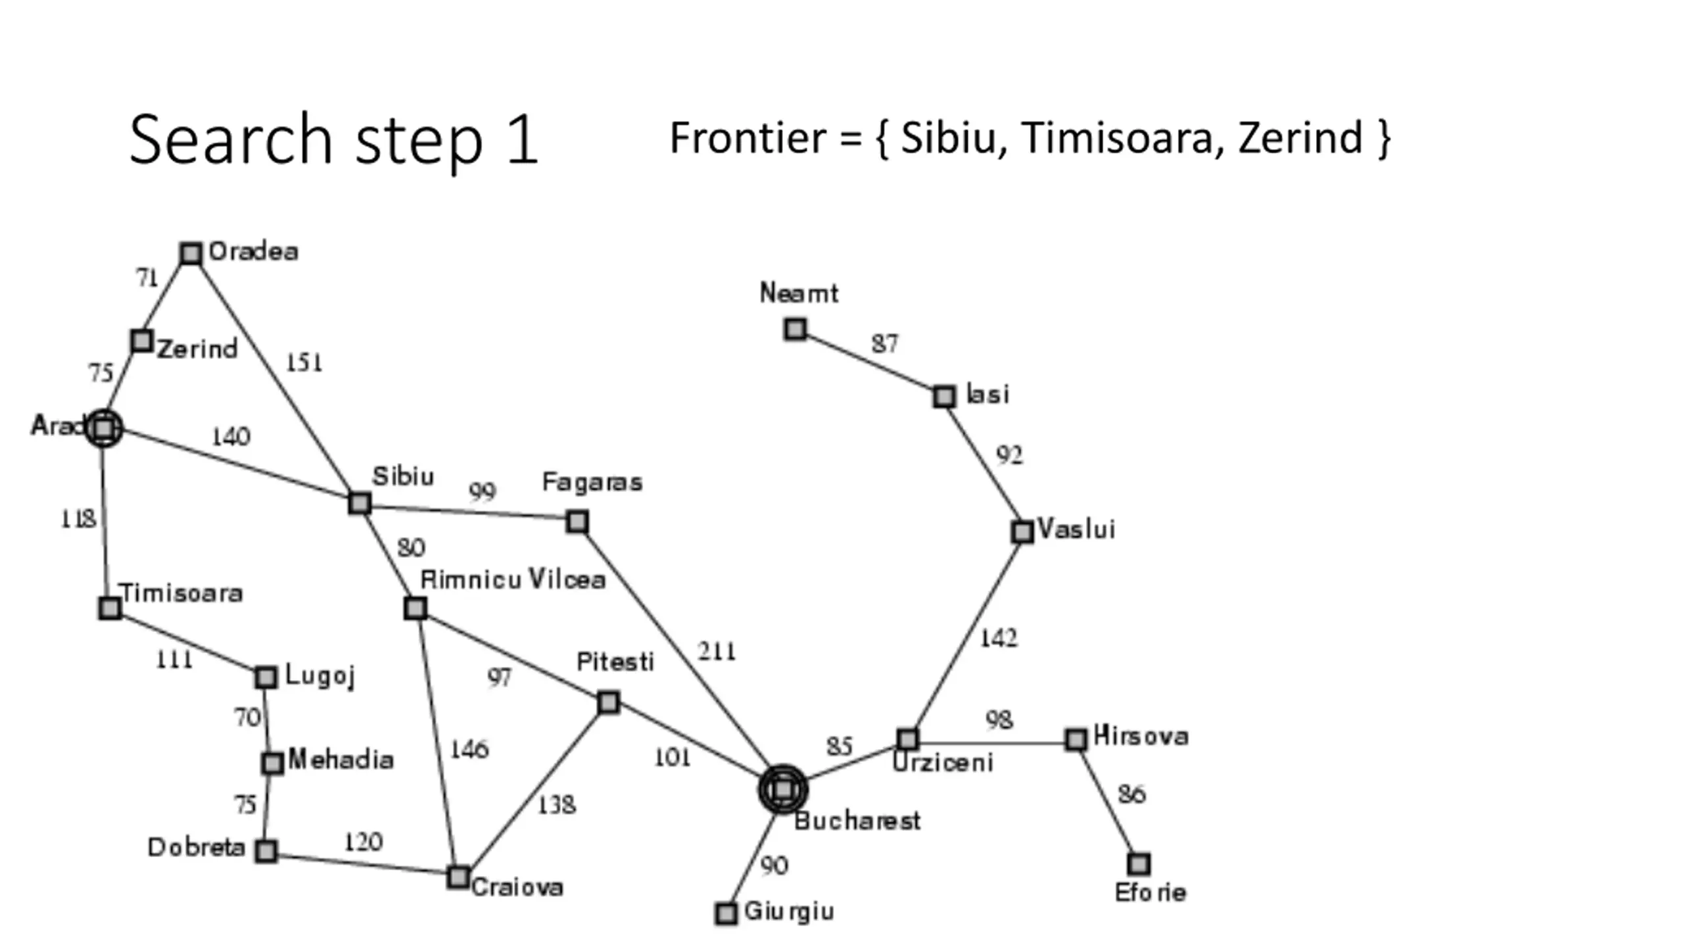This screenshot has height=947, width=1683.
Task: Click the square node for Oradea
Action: click(191, 253)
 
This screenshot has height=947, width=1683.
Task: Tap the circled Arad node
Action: click(104, 428)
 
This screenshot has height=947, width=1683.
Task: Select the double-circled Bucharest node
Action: click(782, 789)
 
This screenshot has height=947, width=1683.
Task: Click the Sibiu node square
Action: click(360, 503)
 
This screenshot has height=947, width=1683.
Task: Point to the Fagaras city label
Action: click(592, 482)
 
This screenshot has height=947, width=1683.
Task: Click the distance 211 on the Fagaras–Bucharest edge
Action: click(717, 652)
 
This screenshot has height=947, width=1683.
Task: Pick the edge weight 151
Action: click(304, 362)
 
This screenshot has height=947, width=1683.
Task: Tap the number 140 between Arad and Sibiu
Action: click(231, 437)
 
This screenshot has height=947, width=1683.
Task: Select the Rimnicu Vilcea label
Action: click(512, 579)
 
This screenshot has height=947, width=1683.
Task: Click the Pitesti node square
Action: click(609, 702)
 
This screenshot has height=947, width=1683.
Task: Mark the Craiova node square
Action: click(458, 877)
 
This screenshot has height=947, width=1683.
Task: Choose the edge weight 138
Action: click(556, 805)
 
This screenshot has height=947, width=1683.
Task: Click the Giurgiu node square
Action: click(726, 913)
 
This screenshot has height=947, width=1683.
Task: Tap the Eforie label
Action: click(1150, 892)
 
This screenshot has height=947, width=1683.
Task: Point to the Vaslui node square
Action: click(1022, 531)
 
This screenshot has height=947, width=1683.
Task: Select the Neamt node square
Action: click(795, 329)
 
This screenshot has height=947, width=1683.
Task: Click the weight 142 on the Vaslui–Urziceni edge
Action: click(999, 638)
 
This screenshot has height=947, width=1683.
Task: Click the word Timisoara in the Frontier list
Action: click(1117, 138)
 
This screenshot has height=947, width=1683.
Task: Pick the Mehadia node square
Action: click(272, 763)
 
